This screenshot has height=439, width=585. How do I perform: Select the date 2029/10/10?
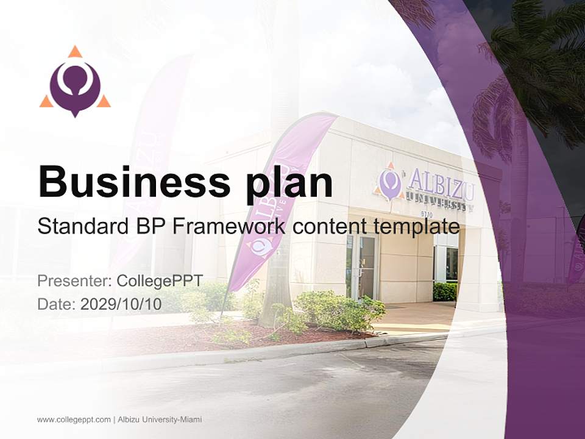tap(121, 304)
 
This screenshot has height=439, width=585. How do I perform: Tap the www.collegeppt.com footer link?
tap(73, 419)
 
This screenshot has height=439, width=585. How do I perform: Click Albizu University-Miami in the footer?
tap(159, 419)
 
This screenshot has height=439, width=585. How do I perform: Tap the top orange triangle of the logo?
tap(75, 51)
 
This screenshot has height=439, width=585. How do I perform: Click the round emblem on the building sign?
tap(389, 182)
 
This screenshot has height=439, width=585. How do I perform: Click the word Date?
tap(56, 304)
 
